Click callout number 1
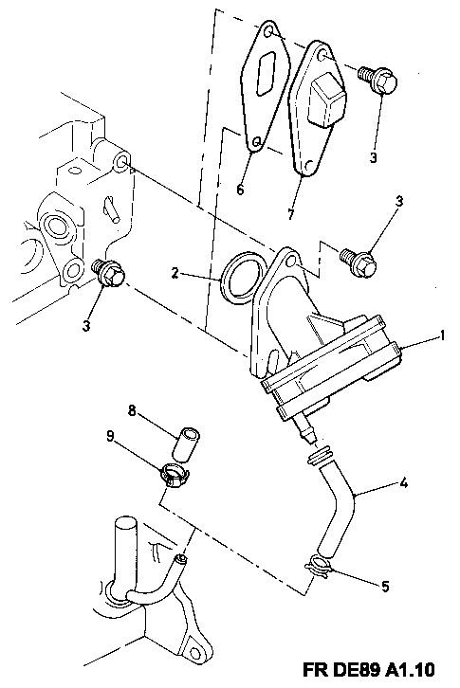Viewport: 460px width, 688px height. [x=442, y=336]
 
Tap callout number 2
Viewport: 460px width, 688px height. [x=175, y=273]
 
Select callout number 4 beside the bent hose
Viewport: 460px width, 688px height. [x=404, y=484]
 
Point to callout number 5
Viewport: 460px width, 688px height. [x=385, y=587]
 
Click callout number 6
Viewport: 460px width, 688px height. [x=239, y=190]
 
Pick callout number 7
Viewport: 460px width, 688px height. [x=290, y=214]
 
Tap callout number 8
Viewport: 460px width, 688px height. [x=132, y=410]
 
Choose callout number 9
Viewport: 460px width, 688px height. [x=110, y=436]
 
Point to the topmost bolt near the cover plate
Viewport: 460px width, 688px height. [x=377, y=79]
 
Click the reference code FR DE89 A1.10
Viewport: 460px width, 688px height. [x=369, y=670]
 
